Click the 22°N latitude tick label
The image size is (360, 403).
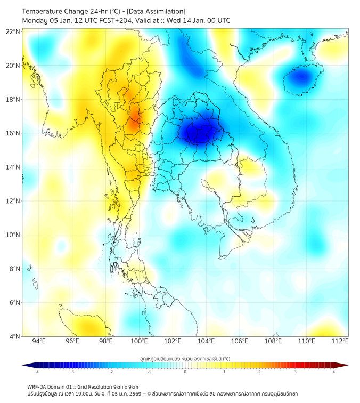click(13, 31)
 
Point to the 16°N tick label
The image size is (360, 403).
click(13, 133)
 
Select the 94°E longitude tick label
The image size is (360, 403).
click(39, 341)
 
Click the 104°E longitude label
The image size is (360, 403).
click(206, 341)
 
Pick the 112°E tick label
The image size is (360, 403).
click(340, 341)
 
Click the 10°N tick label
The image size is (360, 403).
click(13, 235)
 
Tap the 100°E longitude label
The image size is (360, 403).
click(139, 341)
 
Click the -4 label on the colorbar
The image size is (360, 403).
click(37, 372)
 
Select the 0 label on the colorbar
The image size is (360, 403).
click(185, 372)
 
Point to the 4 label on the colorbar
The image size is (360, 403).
click(333, 372)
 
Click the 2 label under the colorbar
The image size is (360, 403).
click(259, 372)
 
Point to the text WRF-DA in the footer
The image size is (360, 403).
click(38, 386)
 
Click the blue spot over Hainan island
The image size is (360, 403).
click(302, 77)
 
